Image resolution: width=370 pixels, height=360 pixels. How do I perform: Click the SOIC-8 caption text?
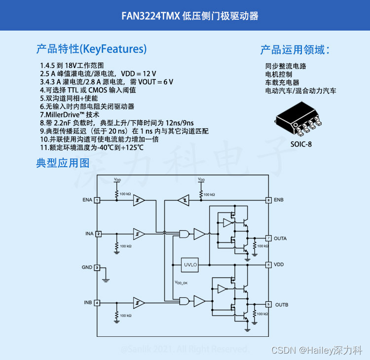pyautogui.click(x=301, y=144)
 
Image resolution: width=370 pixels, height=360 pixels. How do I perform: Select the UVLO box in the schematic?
pyautogui.click(x=190, y=265)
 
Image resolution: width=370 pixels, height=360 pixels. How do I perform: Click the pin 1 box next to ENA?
pyautogui.click(x=97, y=200)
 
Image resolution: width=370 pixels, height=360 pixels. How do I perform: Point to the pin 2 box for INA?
pyautogui.click(x=98, y=234)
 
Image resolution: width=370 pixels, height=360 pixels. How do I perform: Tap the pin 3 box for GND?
pyautogui.click(x=97, y=267)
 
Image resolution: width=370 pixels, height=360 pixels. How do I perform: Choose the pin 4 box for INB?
pyautogui.click(x=97, y=302)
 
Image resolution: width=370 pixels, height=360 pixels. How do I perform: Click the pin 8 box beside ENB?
pyautogui.click(x=268, y=200)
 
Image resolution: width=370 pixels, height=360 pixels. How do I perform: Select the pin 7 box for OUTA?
pyautogui.click(x=268, y=238)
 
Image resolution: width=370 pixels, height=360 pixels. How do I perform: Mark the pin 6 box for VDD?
pyautogui.click(x=268, y=265)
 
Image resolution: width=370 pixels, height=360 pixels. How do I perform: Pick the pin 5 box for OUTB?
pyautogui.click(x=268, y=304)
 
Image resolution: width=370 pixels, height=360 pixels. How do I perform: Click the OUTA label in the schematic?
pyautogui.click(x=281, y=238)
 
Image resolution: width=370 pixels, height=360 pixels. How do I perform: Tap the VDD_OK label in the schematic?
pyautogui.click(x=181, y=283)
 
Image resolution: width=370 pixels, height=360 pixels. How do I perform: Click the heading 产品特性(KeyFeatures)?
pyautogui.click(x=91, y=49)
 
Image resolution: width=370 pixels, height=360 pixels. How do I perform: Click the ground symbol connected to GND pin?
pyautogui.click(x=105, y=280)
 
